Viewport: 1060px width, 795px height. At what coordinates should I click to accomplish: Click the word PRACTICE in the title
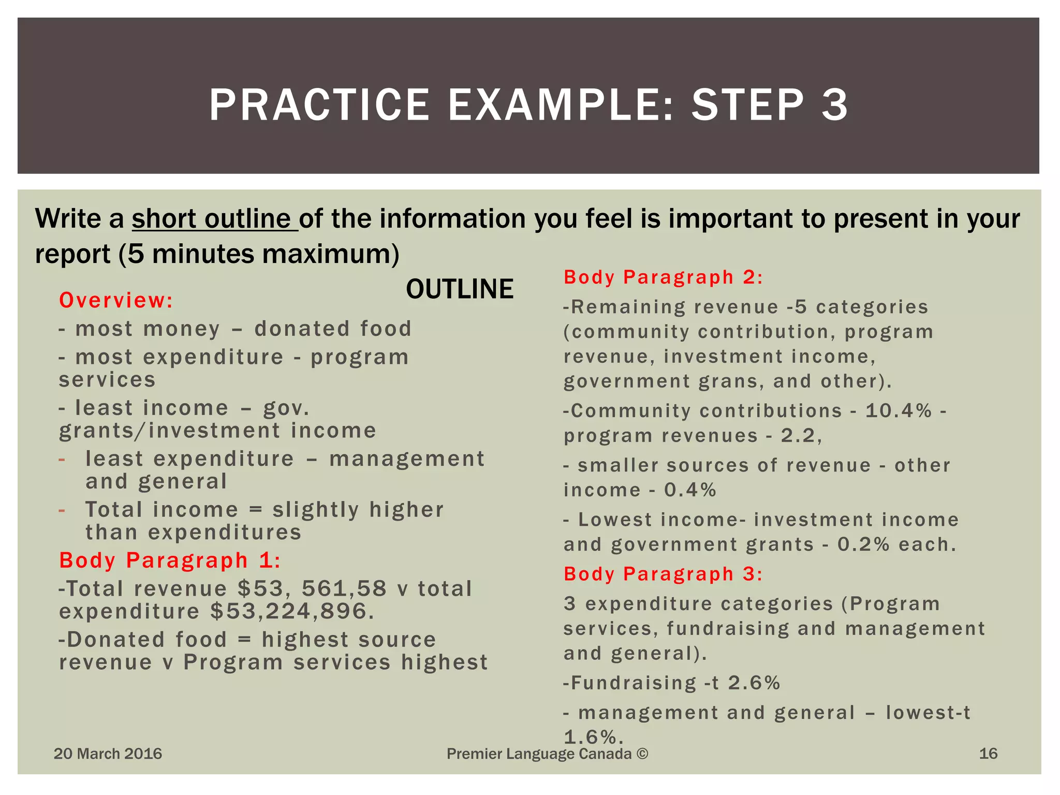point(319,105)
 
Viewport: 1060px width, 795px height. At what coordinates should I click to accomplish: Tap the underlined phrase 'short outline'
point(214,218)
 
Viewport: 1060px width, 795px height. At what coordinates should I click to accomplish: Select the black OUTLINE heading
point(460,289)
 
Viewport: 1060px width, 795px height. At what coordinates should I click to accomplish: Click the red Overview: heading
point(116,300)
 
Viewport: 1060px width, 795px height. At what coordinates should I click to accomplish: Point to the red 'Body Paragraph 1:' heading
point(170,561)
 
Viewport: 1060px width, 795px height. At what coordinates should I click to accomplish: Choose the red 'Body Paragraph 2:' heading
point(663,277)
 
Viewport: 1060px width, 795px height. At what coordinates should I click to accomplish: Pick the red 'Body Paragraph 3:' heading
point(663,574)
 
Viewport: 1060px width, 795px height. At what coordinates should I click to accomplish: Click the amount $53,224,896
point(292,612)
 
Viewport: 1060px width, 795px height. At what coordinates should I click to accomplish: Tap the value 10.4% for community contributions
point(899,411)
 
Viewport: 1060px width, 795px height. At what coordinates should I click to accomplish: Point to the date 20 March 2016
point(108,754)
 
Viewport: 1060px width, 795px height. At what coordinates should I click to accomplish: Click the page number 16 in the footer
point(988,754)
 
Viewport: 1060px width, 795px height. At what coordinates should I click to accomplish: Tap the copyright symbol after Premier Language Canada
point(642,754)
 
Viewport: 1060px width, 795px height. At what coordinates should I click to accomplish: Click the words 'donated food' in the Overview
point(333,329)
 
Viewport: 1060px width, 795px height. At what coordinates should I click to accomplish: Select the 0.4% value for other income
point(690,490)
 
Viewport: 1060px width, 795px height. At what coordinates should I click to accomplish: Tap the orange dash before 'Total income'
point(62,510)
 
